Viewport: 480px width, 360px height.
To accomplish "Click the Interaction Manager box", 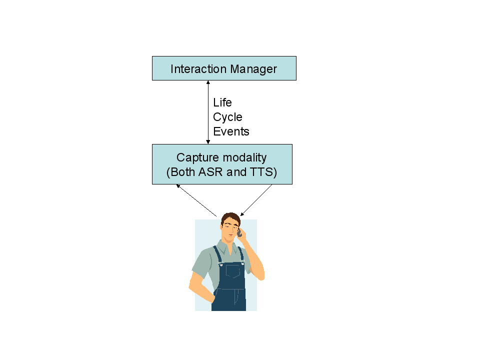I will (x=224, y=68).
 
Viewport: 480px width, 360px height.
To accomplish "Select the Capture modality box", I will (x=222, y=164).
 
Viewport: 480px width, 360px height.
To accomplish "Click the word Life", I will (x=222, y=102).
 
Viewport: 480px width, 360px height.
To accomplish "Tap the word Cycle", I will (x=227, y=117).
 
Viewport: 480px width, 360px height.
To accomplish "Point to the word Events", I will (x=231, y=131).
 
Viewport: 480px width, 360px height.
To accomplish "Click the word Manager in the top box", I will (x=254, y=69).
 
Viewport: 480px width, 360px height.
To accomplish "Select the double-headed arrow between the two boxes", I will (x=208, y=112).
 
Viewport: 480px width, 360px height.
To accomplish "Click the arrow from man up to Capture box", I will (x=196, y=200).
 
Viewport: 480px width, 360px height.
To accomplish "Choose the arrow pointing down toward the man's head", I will (x=256, y=200).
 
